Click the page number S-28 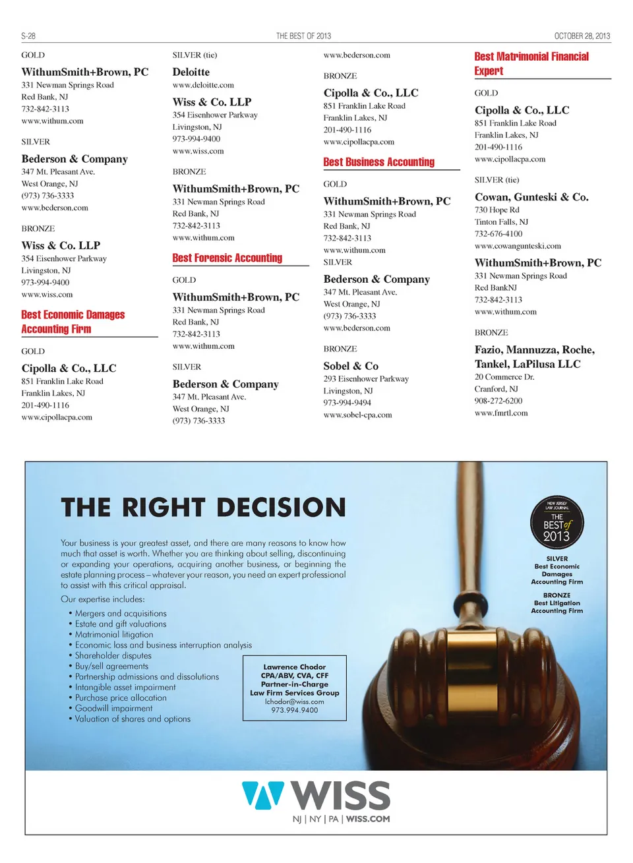click(x=28, y=36)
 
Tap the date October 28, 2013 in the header click(x=582, y=36)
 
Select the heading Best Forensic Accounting click(x=227, y=258)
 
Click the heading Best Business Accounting click(x=378, y=162)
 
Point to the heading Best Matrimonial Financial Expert click(x=531, y=64)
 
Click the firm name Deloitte click(x=191, y=73)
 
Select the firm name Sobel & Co click(x=351, y=366)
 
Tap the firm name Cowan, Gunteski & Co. click(x=531, y=197)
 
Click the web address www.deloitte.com click(x=203, y=85)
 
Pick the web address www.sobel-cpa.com click(x=357, y=415)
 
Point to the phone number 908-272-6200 click(x=498, y=401)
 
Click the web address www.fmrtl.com click(x=501, y=413)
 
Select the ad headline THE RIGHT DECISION click(x=203, y=507)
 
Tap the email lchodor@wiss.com click(x=295, y=701)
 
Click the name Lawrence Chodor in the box click(x=295, y=667)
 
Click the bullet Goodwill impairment click(x=113, y=708)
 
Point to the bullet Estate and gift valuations click(x=121, y=624)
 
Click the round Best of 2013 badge click(x=557, y=523)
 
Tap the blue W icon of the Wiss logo click(x=262, y=794)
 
